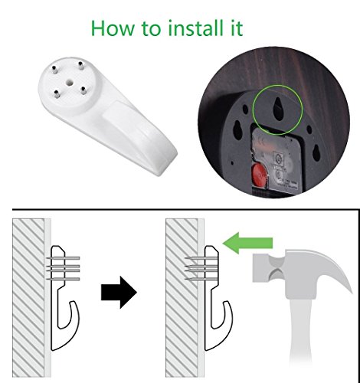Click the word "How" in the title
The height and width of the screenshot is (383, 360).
(x=113, y=28)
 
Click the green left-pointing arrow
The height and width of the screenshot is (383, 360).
(x=247, y=243)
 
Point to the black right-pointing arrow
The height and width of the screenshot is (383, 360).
(x=119, y=293)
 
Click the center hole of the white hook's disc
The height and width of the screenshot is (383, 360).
(x=69, y=82)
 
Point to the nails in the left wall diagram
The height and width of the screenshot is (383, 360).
(x=63, y=269)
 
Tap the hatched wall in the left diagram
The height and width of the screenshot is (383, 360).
(x=28, y=297)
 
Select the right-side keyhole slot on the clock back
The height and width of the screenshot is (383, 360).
(x=316, y=152)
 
